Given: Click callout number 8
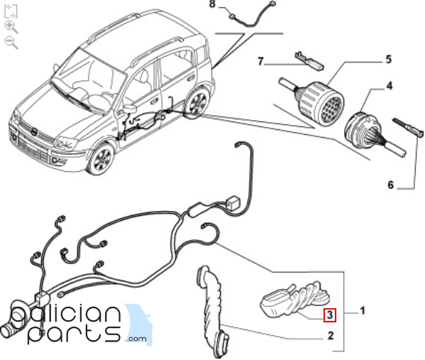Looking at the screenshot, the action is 212,4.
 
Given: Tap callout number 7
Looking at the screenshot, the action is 260,62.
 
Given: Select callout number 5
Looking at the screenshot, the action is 389,60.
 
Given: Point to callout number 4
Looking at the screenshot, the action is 389,86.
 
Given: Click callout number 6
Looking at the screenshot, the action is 390,185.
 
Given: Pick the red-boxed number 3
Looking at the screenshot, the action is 330,315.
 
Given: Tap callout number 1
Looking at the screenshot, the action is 363,311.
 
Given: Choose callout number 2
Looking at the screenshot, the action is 331,336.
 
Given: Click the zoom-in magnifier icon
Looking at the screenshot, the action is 11,27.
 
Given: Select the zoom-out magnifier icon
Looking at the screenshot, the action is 11,43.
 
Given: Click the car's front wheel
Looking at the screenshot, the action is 101,158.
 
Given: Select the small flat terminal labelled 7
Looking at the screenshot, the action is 309,61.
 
